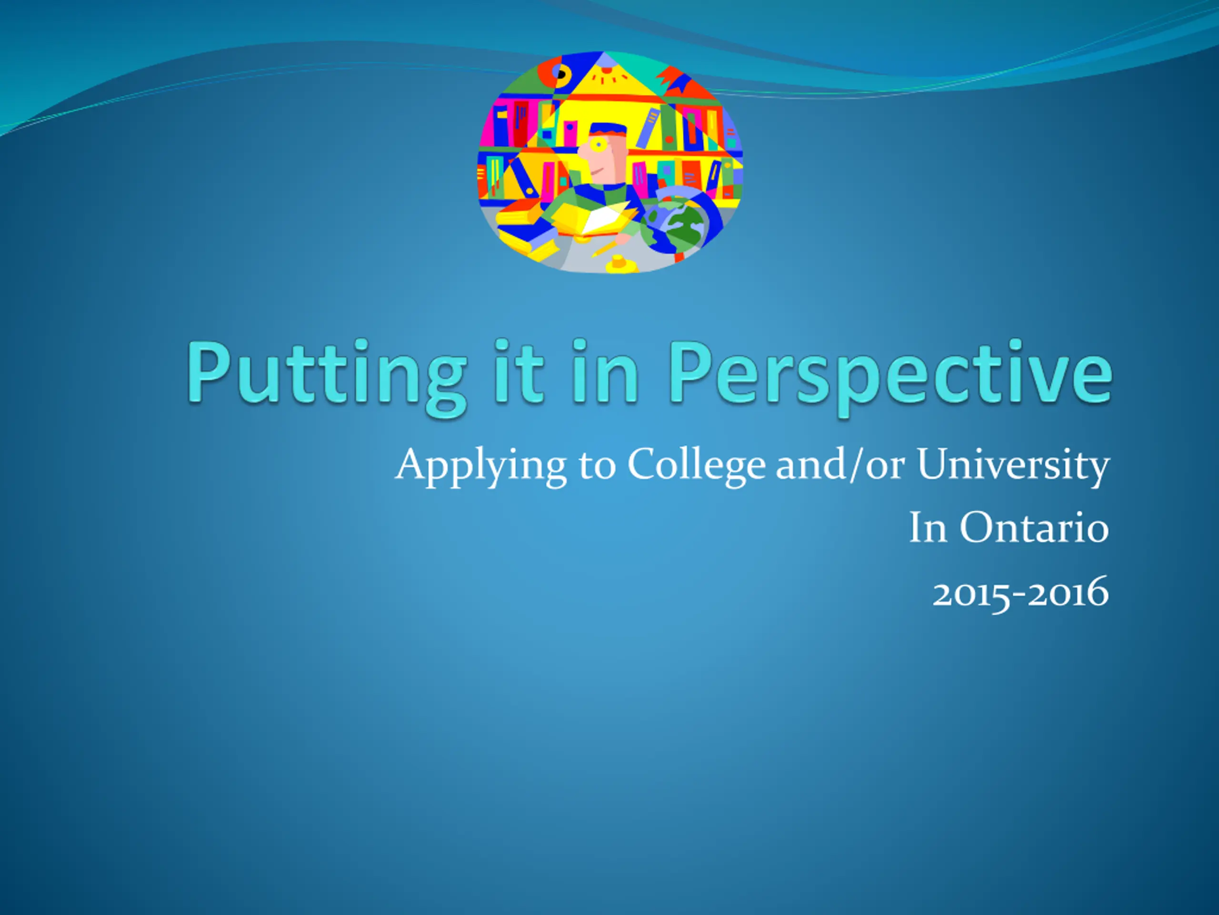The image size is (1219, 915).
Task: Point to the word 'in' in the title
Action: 605,370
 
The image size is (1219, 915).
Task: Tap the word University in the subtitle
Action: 1013,467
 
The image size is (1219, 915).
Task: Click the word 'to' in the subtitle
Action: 597,467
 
